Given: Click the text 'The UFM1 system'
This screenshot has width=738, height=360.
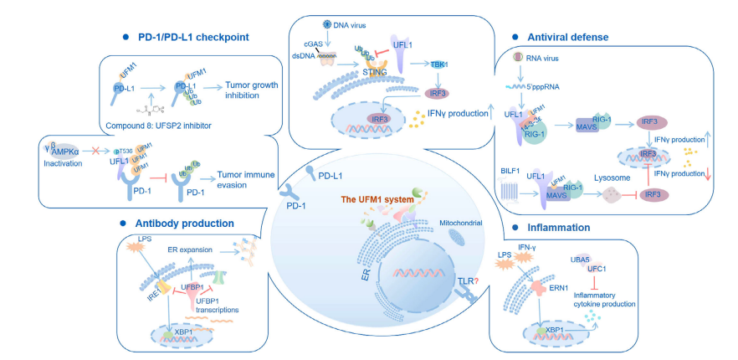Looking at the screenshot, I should (x=374, y=199).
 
